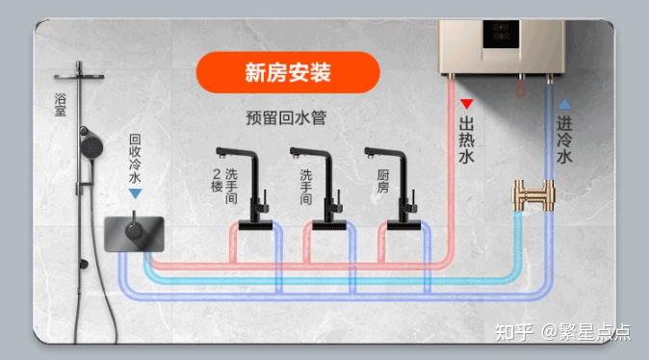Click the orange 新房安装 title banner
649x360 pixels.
(x=288, y=72)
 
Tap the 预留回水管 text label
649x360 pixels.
(x=286, y=117)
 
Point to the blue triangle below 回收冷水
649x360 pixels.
(x=135, y=193)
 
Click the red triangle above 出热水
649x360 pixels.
(x=466, y=104)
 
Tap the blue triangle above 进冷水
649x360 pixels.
(x=564, y=104)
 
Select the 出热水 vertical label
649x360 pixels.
(x=466, y=141)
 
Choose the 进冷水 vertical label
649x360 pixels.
(x=564, y=141)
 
